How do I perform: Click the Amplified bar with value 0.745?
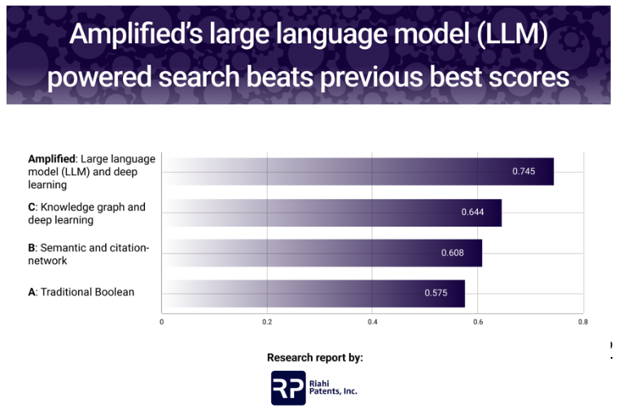[358, 172]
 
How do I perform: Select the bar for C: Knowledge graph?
[332, 213]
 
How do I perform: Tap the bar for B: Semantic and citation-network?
[322, 253]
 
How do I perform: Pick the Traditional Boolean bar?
[313, 293]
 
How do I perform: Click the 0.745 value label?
[524, 171]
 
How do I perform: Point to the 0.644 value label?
[472, 212]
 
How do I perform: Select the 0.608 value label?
[453, 253]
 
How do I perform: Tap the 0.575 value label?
[436, 293]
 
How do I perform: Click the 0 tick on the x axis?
[161, 322]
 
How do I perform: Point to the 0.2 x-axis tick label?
[267, 322]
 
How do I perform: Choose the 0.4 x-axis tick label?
[372, 322]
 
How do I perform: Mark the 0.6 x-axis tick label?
[478, 322]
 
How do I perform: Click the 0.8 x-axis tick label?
[583, 322]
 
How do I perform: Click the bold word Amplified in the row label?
[51, 159]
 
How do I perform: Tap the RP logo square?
[288, 388]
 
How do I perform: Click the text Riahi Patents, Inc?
[333, 387]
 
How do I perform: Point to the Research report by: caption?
[315, 357]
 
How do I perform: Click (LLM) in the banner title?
[512, 34]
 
